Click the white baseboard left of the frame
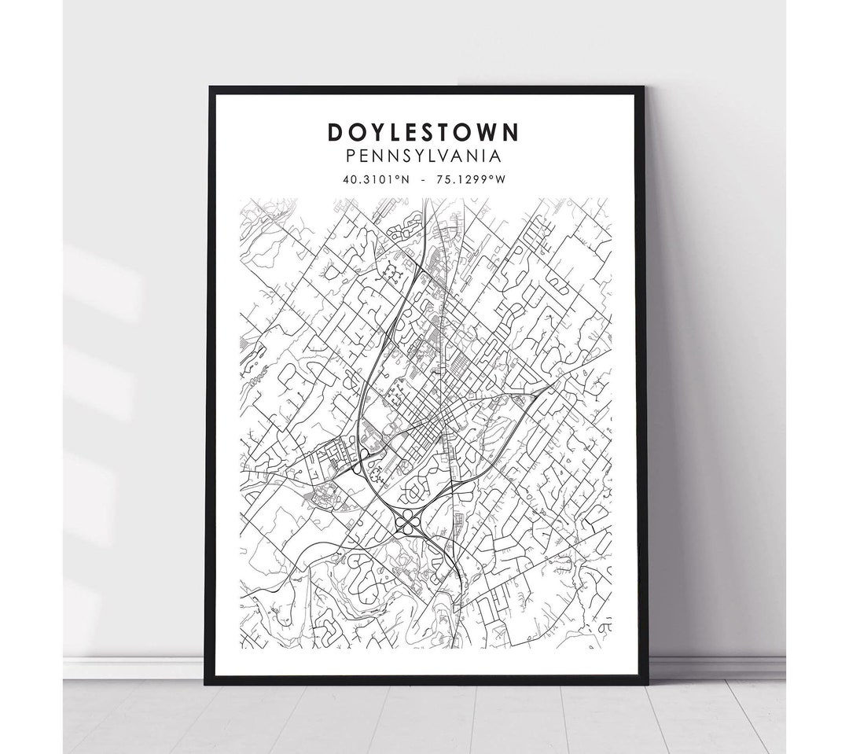point(134,667)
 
